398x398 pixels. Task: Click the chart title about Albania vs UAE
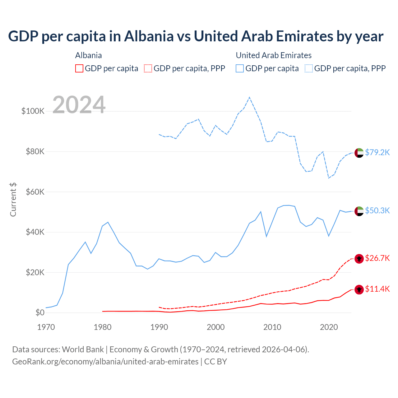click(196, 36)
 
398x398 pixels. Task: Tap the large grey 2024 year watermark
click(79, 105)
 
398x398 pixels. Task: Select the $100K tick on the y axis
click(33, 111)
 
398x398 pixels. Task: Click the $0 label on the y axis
click(40, 312)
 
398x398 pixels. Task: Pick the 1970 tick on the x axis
click(46, 327)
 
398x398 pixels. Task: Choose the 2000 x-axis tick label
click(216, 327)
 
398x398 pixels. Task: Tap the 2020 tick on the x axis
click(329, 327)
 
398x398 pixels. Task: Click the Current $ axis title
click(13, 200)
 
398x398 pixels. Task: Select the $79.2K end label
click(377, 152)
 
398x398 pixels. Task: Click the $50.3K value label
click(377, 211)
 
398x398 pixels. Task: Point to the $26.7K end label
click(377, 258)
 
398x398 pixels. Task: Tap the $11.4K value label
click(377, 289)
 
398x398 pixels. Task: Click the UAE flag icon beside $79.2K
click(359, 153)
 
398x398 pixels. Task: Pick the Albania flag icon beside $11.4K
click(359, 289)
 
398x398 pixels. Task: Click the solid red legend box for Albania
click(79, 68)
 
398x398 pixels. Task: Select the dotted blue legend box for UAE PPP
click(309, 68)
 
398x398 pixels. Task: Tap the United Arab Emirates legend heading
click(274, 55)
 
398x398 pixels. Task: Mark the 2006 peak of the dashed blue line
click(249, 97)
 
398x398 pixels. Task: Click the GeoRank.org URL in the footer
click(105, 362)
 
